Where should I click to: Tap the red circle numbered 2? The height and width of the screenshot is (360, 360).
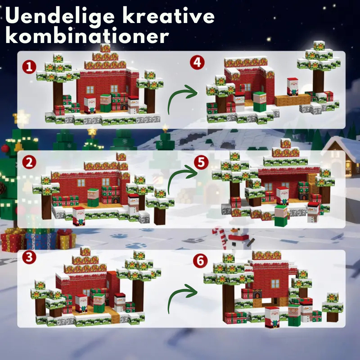click(x=29, y=162)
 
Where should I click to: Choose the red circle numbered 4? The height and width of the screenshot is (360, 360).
click(x=197, y=63)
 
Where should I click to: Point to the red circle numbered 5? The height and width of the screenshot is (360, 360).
click(x=201, y=162)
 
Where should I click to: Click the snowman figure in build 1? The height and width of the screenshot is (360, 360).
click(x=134, y=105)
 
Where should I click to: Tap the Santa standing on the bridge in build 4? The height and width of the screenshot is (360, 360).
click(x=293, y=87)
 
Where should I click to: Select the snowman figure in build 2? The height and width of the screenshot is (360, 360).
click(x=133, y=203)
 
